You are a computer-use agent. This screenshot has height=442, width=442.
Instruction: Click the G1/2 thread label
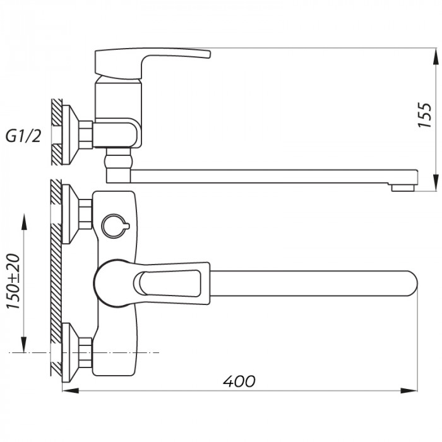[x=25, y=136]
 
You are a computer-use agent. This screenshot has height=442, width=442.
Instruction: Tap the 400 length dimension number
[x=240, y=381]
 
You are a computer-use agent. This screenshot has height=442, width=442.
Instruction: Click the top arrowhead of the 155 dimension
[x=434, y=56]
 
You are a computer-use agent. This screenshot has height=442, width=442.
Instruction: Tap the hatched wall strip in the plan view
[x=57, y=278]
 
